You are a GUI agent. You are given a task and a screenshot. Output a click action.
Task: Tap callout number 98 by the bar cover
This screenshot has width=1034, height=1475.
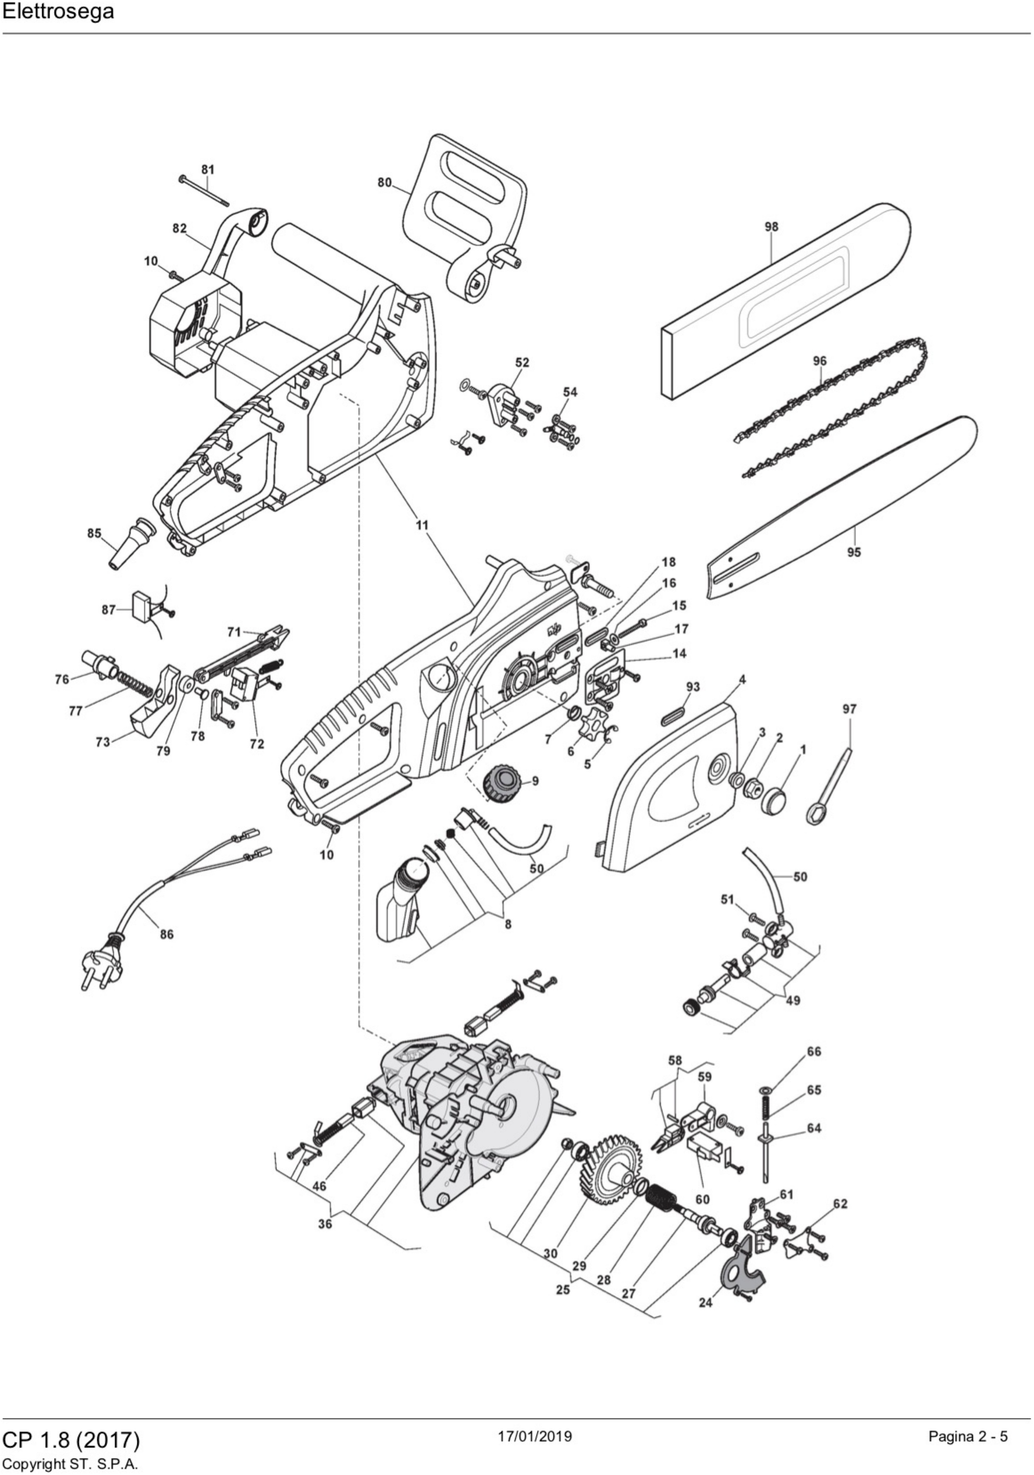point(771,227)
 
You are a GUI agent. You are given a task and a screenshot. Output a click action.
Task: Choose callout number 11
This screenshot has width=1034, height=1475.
point(422,525)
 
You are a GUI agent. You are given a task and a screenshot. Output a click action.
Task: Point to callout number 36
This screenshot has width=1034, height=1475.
point(325,1224)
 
